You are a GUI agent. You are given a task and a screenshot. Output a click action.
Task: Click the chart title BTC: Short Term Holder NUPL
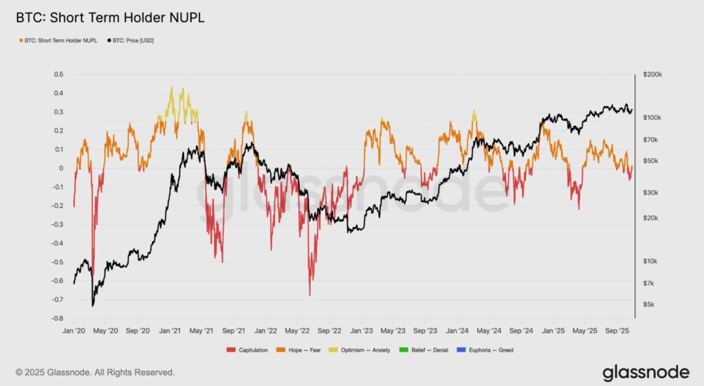(110, 17)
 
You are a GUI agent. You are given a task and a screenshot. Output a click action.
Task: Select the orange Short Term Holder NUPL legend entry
(62, 41)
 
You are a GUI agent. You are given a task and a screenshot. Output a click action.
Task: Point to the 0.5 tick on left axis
(58, 74)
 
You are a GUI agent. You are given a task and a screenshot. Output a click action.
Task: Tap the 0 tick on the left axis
(61, 169)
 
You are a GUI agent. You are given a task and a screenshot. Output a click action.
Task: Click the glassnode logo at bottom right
(646, 372)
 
